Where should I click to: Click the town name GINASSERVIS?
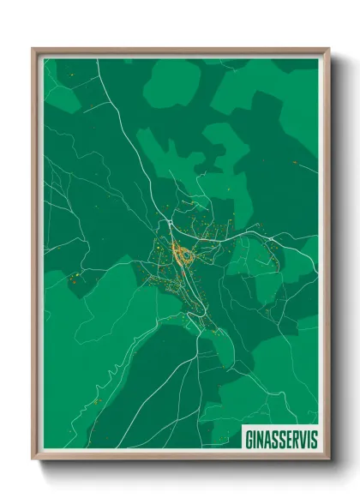280,438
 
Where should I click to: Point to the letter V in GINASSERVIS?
303,438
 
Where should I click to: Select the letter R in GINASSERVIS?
295,438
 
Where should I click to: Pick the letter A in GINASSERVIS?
267,438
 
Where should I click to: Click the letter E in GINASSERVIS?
288,438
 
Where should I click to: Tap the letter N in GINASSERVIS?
260,438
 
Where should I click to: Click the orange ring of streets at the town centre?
183,254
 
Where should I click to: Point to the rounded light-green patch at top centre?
171,82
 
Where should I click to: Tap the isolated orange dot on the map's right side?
294,163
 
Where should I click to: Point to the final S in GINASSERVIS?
313,438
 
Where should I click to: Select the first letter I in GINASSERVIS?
255,438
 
